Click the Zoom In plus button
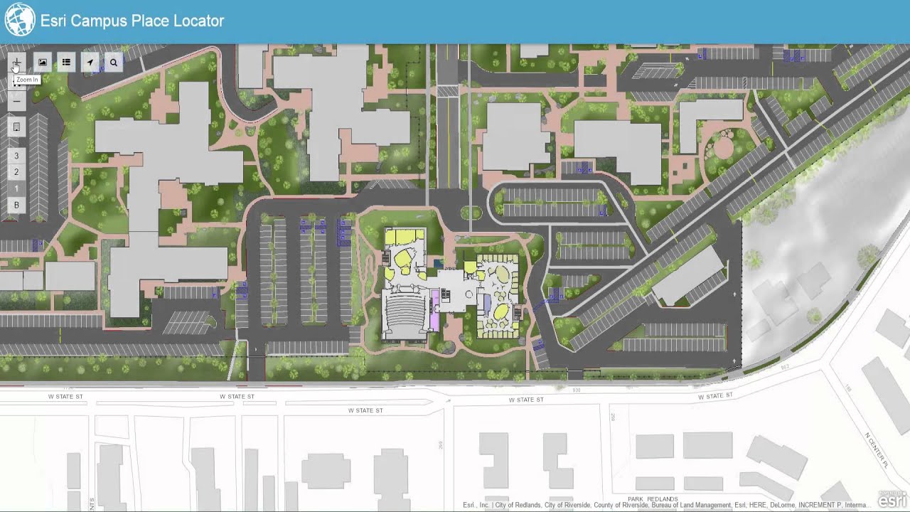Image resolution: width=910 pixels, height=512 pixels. pos(17,63)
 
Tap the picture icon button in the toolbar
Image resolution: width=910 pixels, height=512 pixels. pos(43,63)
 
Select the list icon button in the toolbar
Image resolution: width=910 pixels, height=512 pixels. pos(66,63)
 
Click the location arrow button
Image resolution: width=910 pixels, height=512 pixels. pos(90,63)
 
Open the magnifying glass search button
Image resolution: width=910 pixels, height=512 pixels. pos(113,63)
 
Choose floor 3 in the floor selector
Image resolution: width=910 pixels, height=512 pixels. pos(16,156)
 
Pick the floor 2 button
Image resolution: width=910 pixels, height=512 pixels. pos(16,172)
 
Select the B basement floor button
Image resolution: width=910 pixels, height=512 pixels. pos(16,206)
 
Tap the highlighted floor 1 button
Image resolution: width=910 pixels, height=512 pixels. pos(16,189)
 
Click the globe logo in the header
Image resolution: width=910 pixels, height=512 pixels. pos(19,20)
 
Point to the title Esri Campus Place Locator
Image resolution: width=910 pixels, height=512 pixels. pos(132,21)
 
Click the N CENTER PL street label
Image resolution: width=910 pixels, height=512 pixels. pos(877,449)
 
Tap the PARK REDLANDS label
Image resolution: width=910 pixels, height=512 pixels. pos(653,499)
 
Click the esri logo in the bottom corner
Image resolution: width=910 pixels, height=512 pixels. pos(892,500)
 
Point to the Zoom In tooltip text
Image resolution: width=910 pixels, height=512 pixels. pos(27,80)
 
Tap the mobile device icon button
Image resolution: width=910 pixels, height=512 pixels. pos(17,127)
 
